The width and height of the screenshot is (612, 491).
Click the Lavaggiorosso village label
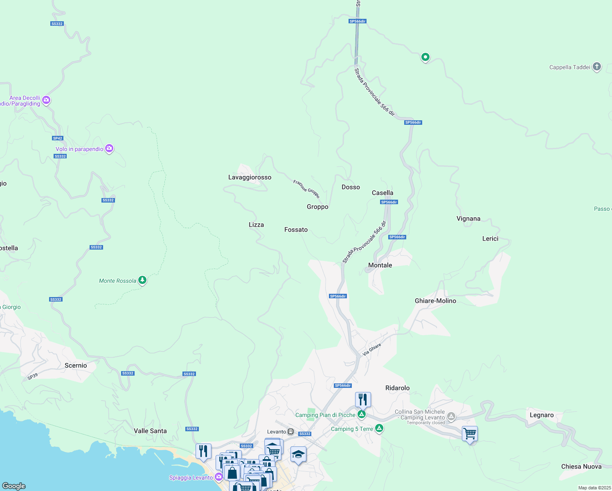[250, 177]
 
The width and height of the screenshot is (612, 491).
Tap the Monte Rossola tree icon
[142, 280]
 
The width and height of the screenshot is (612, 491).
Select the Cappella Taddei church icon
[597, 66]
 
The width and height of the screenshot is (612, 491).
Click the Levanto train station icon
[290, 432]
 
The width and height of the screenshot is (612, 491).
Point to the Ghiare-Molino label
[435, 301]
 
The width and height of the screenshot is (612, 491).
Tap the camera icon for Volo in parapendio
[109, 149]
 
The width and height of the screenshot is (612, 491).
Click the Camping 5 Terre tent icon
[379, 428]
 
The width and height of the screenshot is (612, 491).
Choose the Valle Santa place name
[150, 431]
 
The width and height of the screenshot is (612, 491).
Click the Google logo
[14, 486]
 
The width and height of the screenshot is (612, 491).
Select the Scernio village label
[76, 365]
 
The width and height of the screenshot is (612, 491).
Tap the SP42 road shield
[58, 138]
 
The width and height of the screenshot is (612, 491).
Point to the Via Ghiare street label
[372, 349]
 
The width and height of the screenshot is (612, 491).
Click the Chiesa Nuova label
[581, 466]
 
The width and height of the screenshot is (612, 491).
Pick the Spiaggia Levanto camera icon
[218, 477]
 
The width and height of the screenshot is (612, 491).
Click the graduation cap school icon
[298, 454]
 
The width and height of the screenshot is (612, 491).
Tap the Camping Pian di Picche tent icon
[361, 414]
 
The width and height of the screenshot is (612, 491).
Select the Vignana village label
[468, 218]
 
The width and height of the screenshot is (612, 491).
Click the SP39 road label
[33, 376]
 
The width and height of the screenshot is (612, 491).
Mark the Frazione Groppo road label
[306, 189]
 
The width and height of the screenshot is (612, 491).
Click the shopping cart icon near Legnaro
[470, 433]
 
